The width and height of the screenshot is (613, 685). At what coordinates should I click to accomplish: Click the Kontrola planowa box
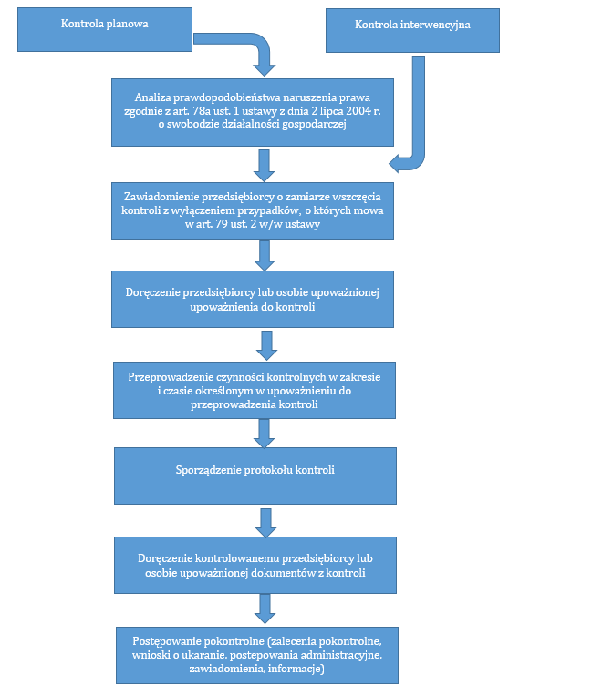104,29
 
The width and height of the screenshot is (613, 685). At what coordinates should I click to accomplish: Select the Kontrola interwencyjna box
412,31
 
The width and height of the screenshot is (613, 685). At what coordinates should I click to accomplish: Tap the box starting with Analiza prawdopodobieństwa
252,111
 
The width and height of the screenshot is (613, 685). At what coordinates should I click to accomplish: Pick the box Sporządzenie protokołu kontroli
255,474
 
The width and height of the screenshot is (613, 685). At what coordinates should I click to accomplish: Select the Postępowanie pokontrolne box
257,655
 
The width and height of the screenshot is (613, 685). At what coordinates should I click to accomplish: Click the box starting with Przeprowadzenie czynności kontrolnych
255,390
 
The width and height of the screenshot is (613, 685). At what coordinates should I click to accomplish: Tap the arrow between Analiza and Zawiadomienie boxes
265,164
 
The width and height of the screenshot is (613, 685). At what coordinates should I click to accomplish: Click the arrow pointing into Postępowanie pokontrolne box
265,608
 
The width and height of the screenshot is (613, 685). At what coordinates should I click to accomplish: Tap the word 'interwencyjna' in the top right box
437,25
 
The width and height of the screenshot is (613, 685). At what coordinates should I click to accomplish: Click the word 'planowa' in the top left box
129,24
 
